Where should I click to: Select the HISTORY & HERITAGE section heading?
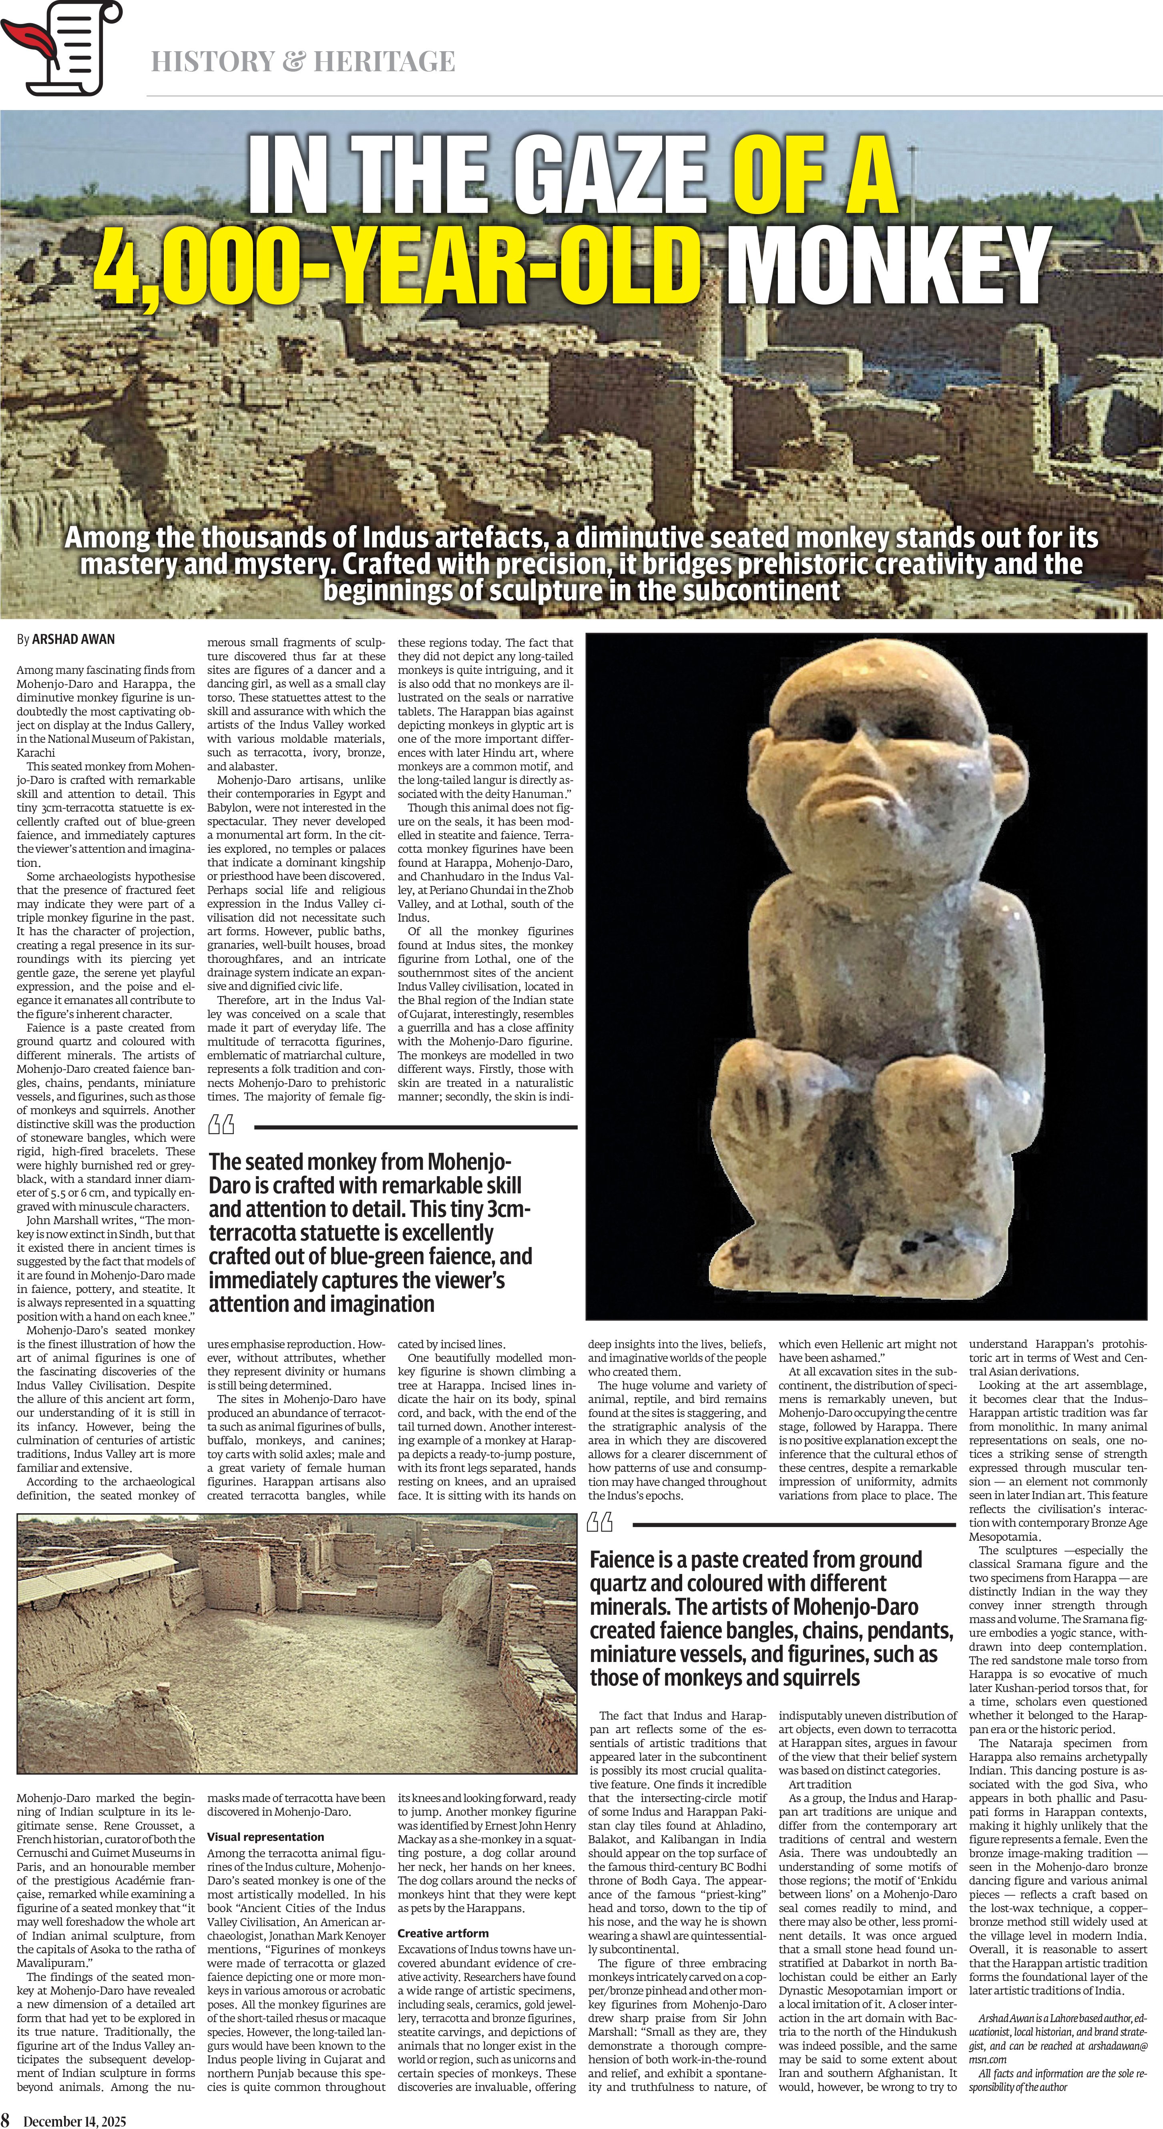(303, 61)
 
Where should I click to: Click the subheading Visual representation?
(265, 1836)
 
